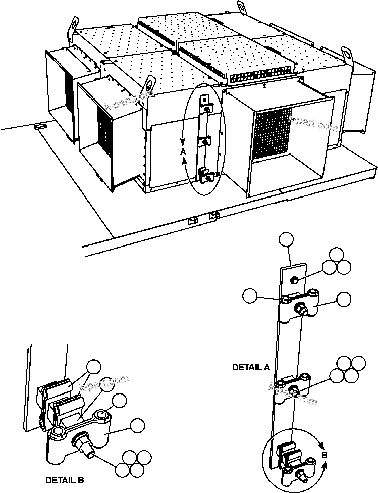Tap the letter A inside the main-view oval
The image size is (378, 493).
(x=184, y=151)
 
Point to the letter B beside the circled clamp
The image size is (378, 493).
(x=324, y=455)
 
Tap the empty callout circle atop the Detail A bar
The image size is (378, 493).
(x=287, y=240)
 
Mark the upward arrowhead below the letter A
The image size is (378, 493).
(x=185, y=160)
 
